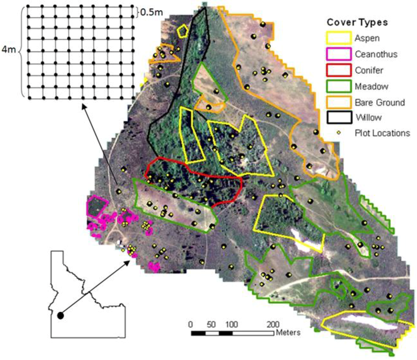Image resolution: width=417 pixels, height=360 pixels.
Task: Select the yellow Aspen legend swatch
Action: point(338,38)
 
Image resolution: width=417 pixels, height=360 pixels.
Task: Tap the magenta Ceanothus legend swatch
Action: point(338,54)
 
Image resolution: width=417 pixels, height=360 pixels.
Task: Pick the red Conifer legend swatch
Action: point(338,70)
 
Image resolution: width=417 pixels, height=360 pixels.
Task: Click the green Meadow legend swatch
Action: point(338,86)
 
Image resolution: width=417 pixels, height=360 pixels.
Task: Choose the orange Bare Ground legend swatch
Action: point(338,102)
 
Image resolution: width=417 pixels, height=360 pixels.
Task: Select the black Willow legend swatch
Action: point(338,118)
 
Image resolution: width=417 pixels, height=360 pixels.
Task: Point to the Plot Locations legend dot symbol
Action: point(338,133)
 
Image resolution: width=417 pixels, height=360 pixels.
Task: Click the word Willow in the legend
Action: point(368,118)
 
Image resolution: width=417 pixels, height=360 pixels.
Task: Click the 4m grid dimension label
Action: point(7,50)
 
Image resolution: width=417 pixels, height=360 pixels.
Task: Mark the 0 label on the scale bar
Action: point(190,325)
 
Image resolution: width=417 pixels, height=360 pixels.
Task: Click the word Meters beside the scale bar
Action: point(288,333)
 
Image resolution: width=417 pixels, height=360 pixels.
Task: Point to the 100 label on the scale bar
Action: point(231,325)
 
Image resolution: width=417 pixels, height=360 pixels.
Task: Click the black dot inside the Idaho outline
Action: point(60,315)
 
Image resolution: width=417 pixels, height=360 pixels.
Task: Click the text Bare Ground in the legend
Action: point(380,102)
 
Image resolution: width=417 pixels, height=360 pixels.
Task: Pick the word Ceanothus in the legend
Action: point(375,54)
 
